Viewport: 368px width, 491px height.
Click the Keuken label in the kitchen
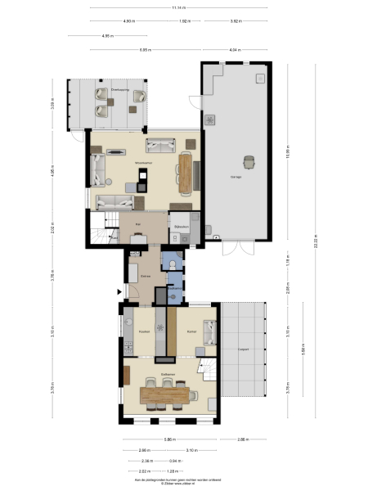point(144,331)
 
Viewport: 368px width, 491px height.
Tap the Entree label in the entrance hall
point(146,277)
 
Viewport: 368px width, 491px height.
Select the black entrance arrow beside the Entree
point(120,290)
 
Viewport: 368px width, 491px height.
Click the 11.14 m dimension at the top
point(176,8)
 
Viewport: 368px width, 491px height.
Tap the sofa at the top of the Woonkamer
point(159,146)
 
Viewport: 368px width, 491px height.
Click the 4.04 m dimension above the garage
point(237,50)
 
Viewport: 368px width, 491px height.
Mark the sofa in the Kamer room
point(209,331)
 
